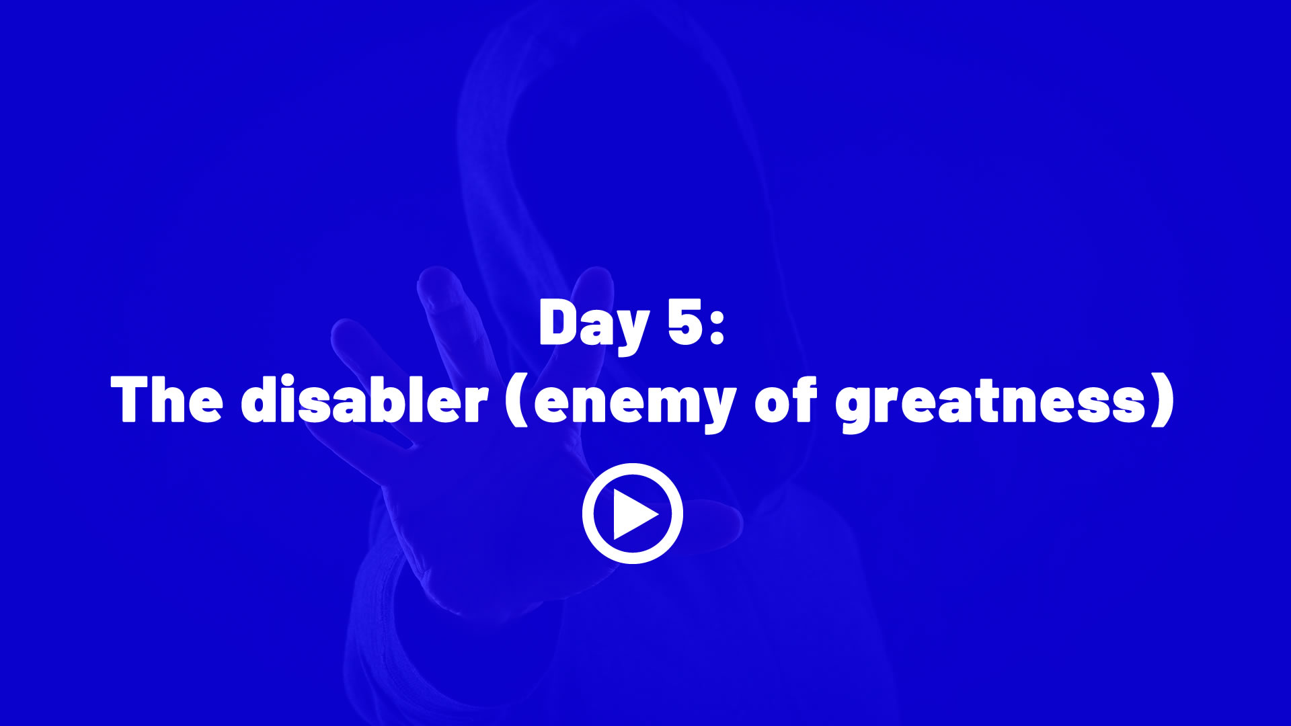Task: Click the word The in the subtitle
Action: [x=167, y=399]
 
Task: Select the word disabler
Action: [x=364, y=399]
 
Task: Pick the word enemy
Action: [x=635, y=405]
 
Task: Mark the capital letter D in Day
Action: [x=561, y=323]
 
